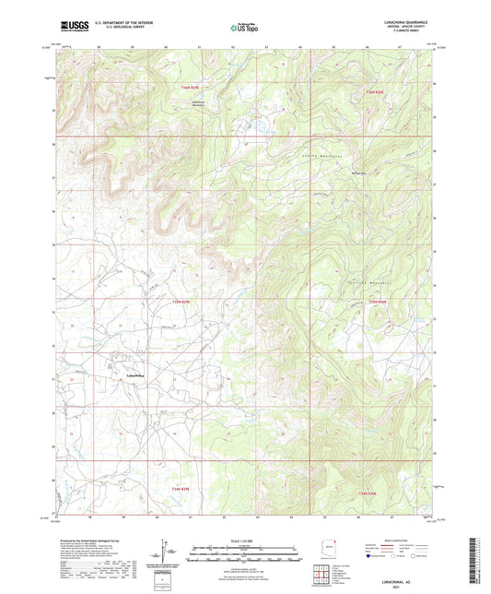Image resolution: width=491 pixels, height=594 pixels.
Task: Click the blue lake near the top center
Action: pyautogui.click(x=258, y=121)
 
